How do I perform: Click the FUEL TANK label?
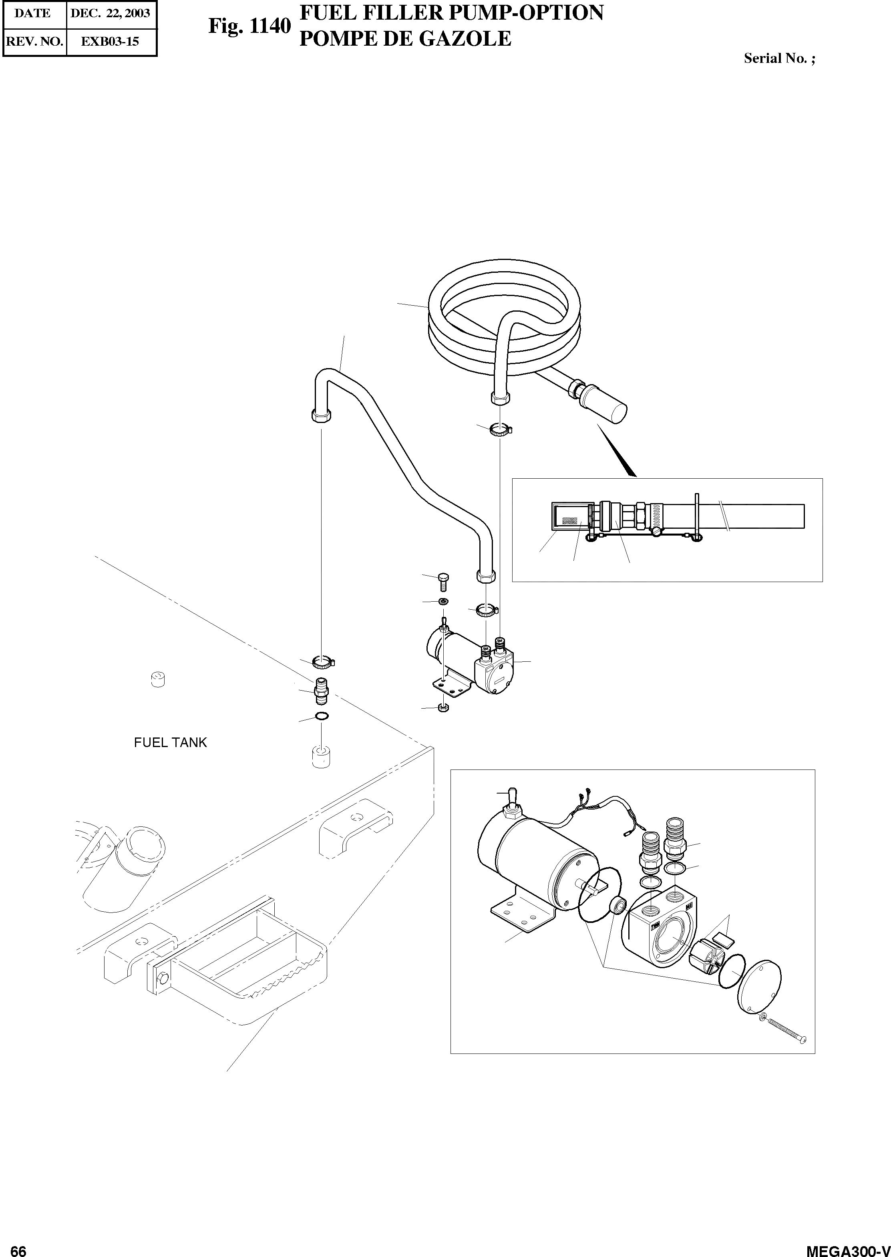pos(170,742)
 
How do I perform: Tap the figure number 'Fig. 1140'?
pos(249,26)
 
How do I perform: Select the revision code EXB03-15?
pos(110,41)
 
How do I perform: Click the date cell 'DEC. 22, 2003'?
pos(110,13)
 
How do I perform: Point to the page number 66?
pos(18,1247)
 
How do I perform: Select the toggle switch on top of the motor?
pos(513,796)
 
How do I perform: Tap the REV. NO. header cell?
pos(34,41)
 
